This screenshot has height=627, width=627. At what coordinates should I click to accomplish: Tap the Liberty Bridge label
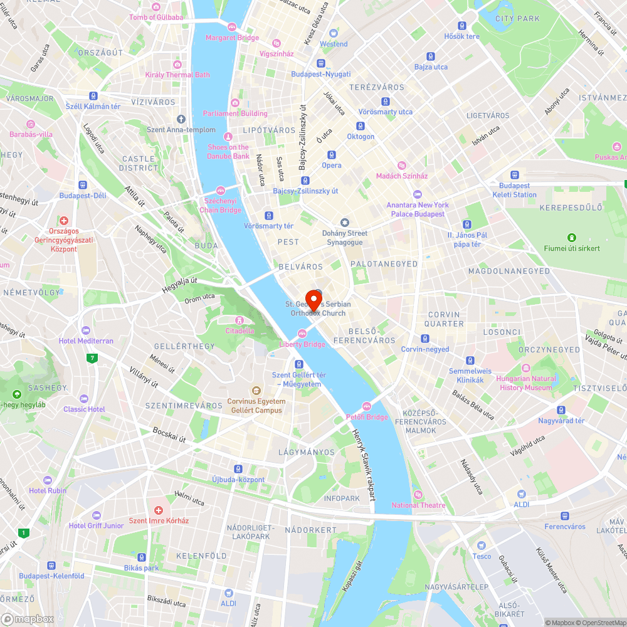(302, 344)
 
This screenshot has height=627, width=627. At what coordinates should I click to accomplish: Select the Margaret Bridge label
(232, 38)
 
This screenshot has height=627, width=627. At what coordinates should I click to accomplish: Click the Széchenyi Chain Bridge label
(220, 205)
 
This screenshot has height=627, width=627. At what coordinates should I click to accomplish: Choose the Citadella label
(240, 330)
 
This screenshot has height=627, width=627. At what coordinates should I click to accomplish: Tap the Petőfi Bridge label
(367, 417)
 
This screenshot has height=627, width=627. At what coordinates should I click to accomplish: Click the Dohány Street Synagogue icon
(344, 223)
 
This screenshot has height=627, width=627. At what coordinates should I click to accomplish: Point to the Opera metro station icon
(332, 155)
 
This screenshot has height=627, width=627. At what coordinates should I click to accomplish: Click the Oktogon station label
(361, 137)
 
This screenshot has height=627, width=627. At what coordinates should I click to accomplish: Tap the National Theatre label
(418, 505)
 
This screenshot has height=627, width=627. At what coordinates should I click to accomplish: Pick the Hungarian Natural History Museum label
(526, 383)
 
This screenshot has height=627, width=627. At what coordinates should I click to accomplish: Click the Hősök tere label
(461, 36)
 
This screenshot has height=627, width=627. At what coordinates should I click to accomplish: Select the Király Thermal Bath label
(177, 75)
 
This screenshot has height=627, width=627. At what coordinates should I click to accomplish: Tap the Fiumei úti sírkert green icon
(572, 238)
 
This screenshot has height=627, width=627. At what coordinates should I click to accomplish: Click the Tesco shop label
(482, 556)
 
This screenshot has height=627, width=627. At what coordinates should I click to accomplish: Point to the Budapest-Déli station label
(83, 195)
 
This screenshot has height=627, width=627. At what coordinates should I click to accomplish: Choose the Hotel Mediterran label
(86, 340)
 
